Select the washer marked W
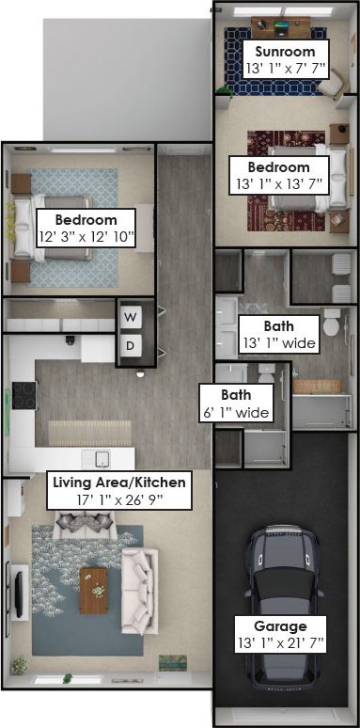coord(131,317)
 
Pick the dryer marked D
coord(131,345)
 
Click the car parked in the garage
coord(283,605)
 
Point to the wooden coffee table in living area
coord(94,591)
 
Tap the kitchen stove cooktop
coord(24,395)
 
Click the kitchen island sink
coord(102,459)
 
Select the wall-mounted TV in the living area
coord(18,594)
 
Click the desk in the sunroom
coord(281,27)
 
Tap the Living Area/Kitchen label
coord(119,482)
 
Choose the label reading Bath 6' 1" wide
coord(236,404)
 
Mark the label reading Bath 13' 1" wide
coord(279,334)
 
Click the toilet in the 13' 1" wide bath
coord(332,323)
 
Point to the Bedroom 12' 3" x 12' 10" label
coord(86,229)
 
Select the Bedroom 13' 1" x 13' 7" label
coord(279,175)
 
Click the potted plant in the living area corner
coord(19,665)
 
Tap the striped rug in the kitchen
coord(90,434)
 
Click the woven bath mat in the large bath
coord(318,387)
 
